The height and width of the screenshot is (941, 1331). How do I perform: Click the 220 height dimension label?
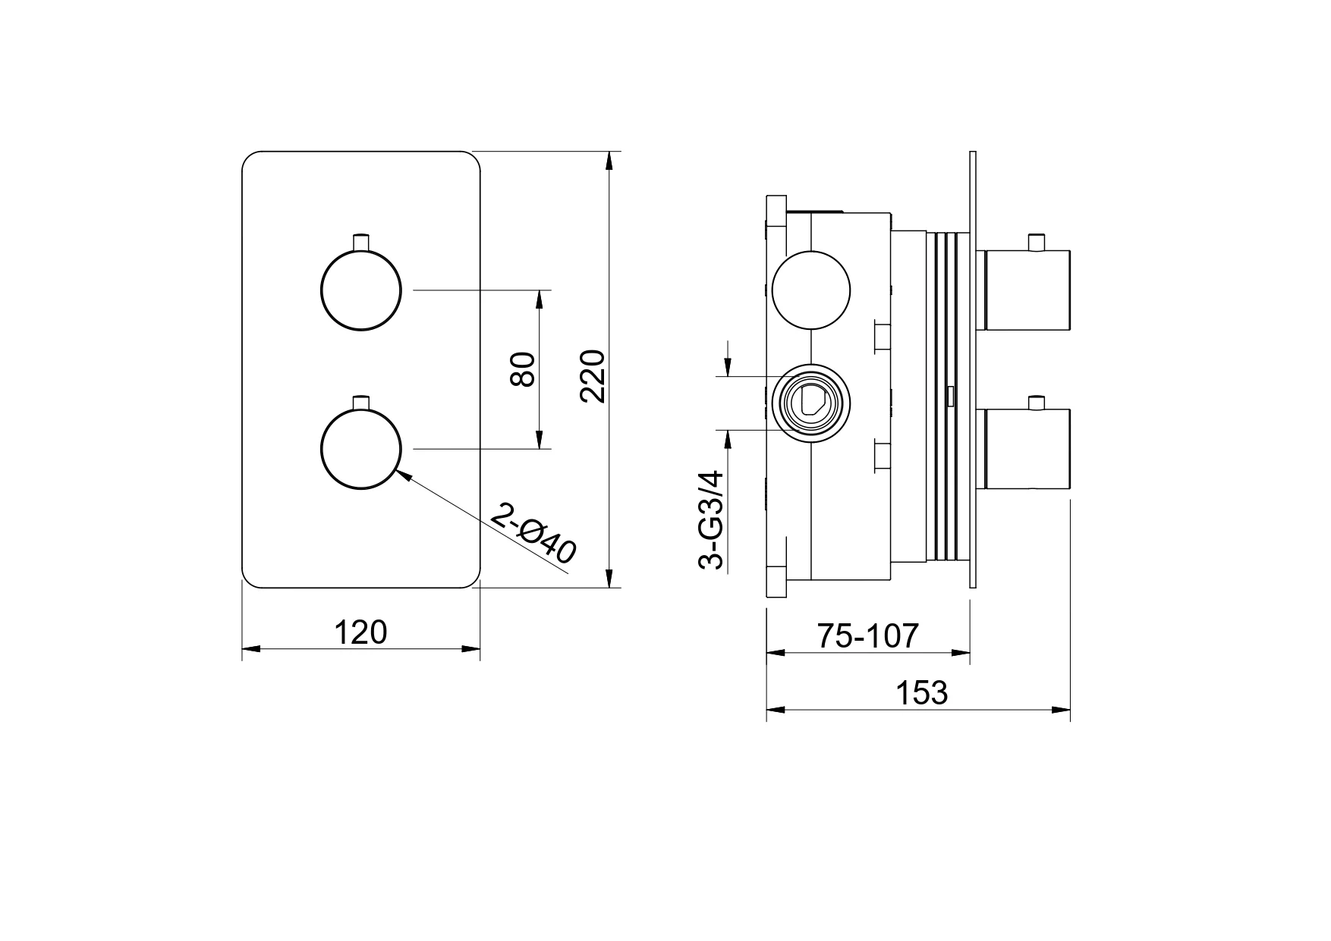pos(592,376)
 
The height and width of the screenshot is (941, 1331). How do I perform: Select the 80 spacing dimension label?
pos(524,370)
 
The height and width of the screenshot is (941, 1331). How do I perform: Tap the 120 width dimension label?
pos(360,632)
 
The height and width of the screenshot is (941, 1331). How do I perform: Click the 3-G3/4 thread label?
pos(711,520)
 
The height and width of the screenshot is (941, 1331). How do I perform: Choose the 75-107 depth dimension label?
pos(868,635)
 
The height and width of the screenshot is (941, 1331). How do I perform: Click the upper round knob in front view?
pos(360,290)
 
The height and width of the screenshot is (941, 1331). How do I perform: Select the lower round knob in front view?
pos(360,450)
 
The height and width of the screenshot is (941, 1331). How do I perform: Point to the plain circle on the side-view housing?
pos(811,290)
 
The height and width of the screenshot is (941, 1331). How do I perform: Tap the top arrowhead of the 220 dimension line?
pos(609,162)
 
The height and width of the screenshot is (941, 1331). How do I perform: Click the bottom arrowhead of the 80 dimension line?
pos(540,440)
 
